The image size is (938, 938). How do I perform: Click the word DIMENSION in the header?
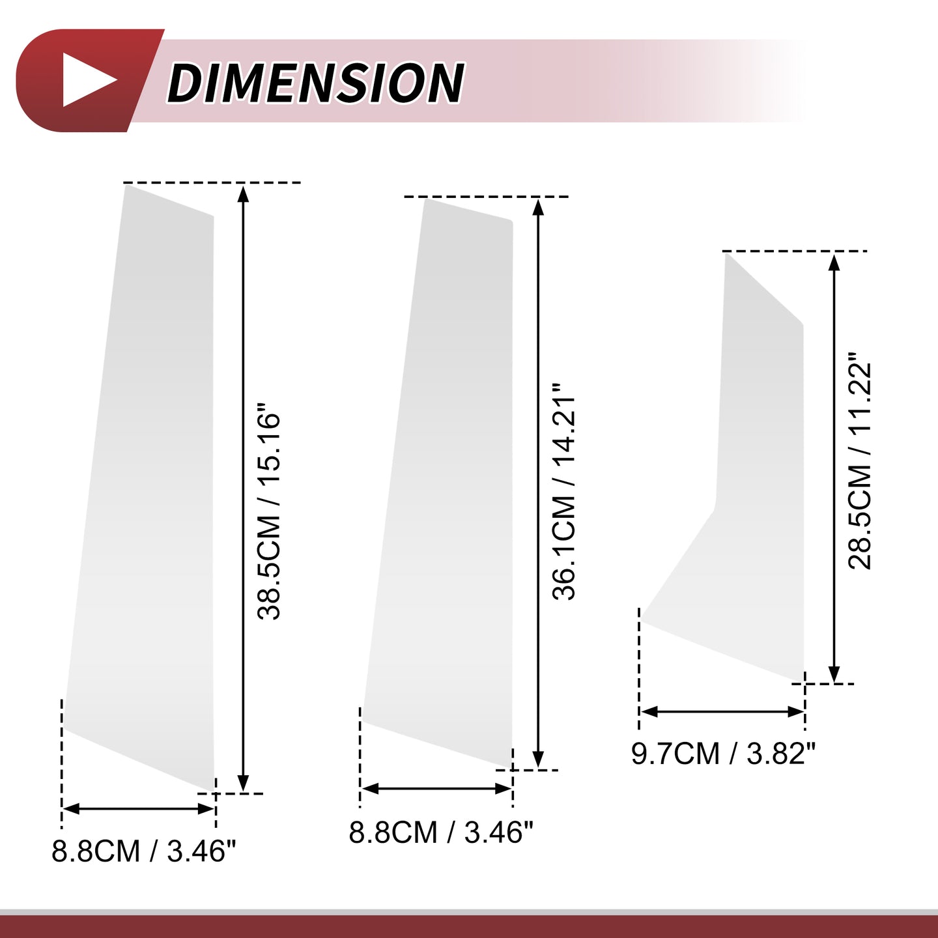point(316,83)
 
